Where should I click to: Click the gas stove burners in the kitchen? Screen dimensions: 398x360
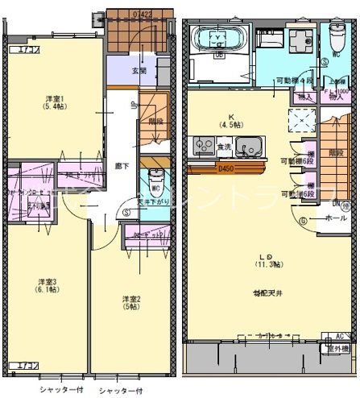[x=202, y=147]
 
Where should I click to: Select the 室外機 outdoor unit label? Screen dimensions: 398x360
[x=336, y=348]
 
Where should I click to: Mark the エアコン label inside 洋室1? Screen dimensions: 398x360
[x=19, y=51]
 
